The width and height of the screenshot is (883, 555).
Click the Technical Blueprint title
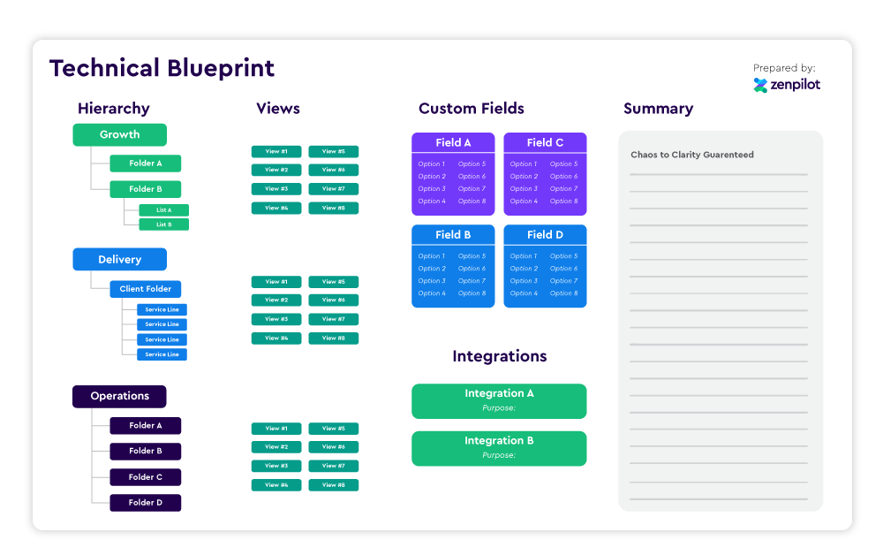[162, 68]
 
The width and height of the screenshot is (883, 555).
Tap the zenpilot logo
[786, 85]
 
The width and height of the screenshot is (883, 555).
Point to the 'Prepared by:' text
[784, 68]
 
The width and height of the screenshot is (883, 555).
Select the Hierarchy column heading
[114, 109]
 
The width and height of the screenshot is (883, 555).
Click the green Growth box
[119, 134]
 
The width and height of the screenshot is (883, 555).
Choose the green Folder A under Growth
[146, 163]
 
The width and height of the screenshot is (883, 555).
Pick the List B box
[163, 224]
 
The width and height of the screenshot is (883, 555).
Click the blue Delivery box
[119, 260]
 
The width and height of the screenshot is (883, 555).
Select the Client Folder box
[146, 289]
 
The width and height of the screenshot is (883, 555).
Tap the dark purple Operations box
[119, 396]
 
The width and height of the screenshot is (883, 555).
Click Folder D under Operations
[146, 503]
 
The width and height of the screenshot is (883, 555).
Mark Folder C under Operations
[146, 477]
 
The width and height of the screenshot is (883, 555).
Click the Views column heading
[278, 109]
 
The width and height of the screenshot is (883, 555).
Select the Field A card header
[453, 142]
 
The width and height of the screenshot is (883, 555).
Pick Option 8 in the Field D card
[563, 293]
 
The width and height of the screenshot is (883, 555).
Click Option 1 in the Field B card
[432, 256]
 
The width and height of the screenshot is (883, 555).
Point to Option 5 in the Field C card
[563, 163]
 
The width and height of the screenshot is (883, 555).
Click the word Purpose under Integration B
[498, 455]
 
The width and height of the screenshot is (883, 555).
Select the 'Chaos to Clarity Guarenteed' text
[691, 155]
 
